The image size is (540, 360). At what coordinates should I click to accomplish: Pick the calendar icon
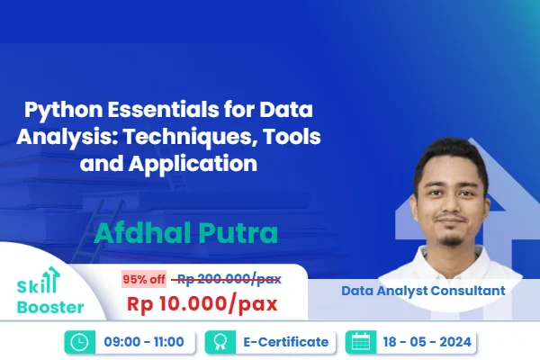tap(361, 342)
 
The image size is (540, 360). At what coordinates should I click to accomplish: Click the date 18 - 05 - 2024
tap(426, 342)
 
